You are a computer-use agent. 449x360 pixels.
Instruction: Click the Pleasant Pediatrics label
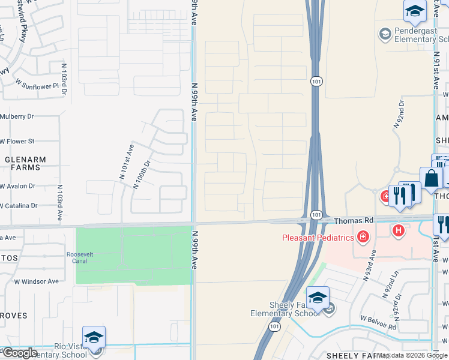pyautogui.click(x=318, y=238)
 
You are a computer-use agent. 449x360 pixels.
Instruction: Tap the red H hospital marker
pyautogui.click(x=397, y=230)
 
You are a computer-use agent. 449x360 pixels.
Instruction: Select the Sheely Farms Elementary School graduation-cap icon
pyautogui.click(x=318, y=297)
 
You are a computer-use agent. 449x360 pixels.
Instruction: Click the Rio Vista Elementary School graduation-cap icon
pyautogui.click(x=94, y=337)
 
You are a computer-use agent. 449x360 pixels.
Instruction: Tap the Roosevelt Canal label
pyautogui.click(x=80, y=258)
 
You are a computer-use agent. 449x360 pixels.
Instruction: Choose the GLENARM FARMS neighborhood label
pyautogui.click(x=22, y=163)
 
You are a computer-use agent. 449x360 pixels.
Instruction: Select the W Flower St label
pyautogui.click(x=17, y=142)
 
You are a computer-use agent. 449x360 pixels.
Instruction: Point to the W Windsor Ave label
pyautogui.click(x=37, y=281)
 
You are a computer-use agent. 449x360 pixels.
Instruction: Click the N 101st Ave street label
pyautogui.click(x=126, y=162)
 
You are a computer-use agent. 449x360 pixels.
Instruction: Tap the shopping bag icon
pyautogui.click(x=431, y=178)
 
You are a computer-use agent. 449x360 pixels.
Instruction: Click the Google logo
pyautogui.click(x=20, y=353)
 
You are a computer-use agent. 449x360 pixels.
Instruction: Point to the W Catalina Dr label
pyautogui.click(x=19, y=205)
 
